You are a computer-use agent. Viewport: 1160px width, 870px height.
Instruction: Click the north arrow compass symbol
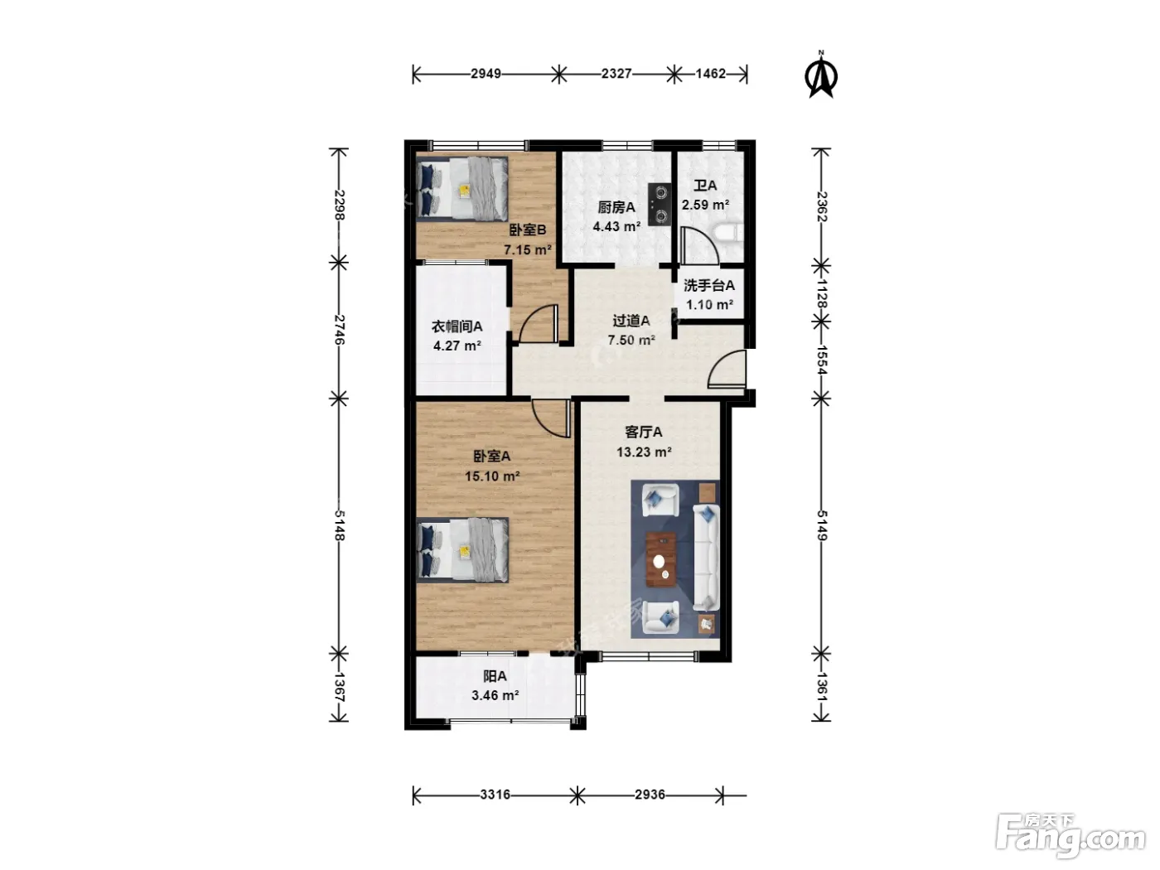[x=821, y=75]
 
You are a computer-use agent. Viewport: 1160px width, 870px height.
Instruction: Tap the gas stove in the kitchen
[x=660, y=205]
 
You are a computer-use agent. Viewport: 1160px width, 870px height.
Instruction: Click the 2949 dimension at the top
[x=486, y=74]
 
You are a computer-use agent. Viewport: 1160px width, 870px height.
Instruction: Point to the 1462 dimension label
[x=710, y=74]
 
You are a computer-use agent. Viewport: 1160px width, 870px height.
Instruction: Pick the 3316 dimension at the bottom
[x=495, y=795]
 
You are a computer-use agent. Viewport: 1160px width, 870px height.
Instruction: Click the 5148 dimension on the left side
[x=339, y=525]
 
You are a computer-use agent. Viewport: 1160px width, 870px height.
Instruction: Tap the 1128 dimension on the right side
[x=822, y=293]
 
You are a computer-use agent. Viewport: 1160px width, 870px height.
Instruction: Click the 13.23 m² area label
[x=644, y=452]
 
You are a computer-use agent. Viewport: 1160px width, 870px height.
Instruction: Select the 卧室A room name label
[x=491, y=456]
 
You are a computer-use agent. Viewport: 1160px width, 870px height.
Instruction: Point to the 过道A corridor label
[x=631, y=320]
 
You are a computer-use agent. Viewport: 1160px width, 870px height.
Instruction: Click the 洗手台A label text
[x=708, y=285]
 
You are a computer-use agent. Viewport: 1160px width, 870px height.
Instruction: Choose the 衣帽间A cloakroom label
[x=457, y=326]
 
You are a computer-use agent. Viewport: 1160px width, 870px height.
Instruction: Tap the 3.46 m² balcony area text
[x=495, y=695]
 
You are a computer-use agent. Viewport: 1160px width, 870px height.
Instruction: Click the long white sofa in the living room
[x=706, y=557]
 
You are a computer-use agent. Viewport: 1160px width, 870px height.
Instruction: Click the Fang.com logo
[x=1071, y=839]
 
